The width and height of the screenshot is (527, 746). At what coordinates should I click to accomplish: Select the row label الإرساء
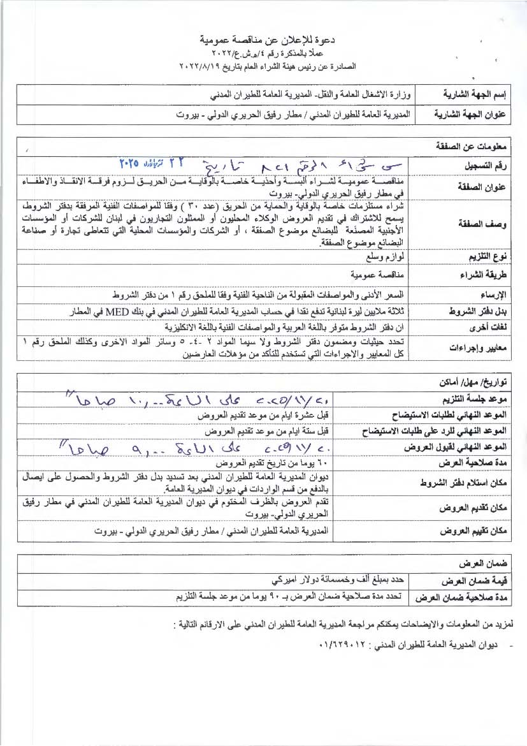tap(486, 295)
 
